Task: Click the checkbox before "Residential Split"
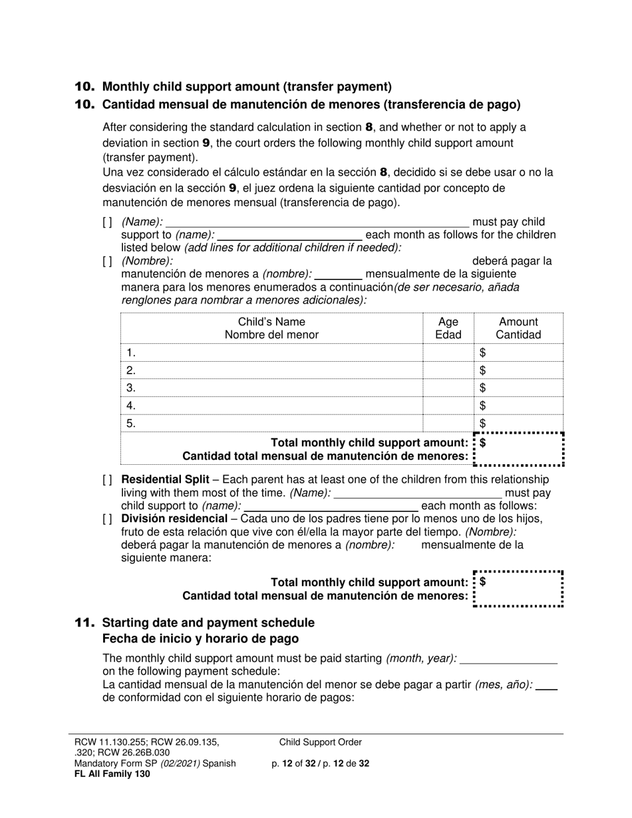point(107,479)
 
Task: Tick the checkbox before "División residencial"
point(107,519)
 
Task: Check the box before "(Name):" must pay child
point(107,222)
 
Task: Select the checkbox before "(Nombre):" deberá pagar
point(107,261)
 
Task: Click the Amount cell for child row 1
point(519,352)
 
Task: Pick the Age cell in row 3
point(448,388)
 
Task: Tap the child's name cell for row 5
point(271,423)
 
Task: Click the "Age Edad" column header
point(448,329)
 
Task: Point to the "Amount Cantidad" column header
point(518,329)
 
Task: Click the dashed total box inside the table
point(519,450)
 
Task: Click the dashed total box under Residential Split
point(519,589)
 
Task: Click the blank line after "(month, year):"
point(508,658)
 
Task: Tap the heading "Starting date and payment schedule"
point(208,623)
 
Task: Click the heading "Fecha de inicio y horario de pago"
point(200,638)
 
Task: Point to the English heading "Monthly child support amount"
point(247,86)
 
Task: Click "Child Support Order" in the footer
point(320,743)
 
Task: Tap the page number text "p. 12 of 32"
point(296,763)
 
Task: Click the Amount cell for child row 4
point(519,405)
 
